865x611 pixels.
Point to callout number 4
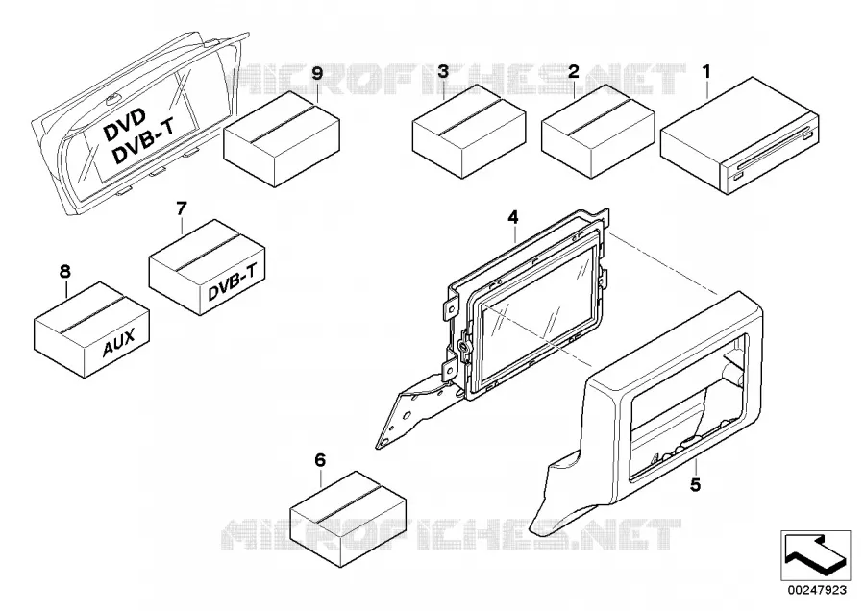click(x=513, y=217)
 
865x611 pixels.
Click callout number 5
click(x=695, y=485)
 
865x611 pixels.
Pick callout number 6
click(x=320, y=459)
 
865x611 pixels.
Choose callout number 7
click(x=182, y=208)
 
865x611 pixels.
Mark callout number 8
click(x=65, y=271)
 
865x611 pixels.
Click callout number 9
click(x=316, y=73)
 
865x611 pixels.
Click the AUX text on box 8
click(x=118, y=344)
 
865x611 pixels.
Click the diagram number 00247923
click(x=817, y=590)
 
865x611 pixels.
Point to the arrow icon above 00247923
click(x=815, y=555)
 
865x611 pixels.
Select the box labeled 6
click(x=348, y=511)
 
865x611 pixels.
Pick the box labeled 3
click(x=469, y=132)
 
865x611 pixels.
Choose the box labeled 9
click(x=282, y=139)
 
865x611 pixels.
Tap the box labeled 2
click(x=598, y=132)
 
